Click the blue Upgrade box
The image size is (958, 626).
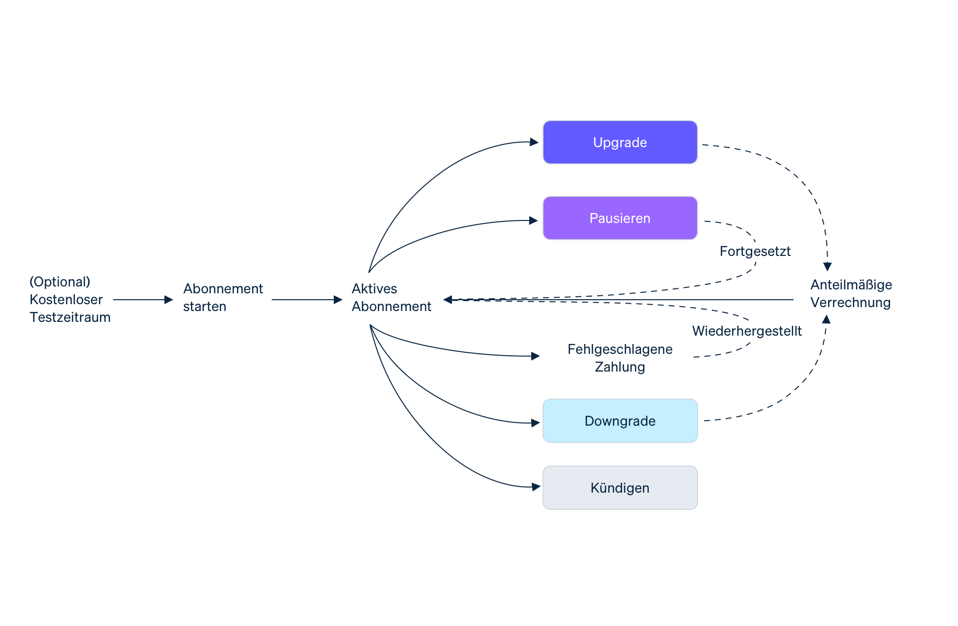(x=620, y=142)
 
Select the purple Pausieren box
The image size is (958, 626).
(x=620, y=218)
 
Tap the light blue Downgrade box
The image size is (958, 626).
(x=620, y=421)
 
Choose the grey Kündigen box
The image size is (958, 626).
(x=620, y=488)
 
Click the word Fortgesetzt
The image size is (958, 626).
(x=755, y=251)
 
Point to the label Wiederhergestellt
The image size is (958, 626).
(x=746, y=331)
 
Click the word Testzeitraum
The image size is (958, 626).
(x=70, y=317)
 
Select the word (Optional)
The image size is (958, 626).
(x=60, y=282)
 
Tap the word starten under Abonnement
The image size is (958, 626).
(x=204, y=307)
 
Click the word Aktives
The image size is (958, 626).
(x=374, y=288)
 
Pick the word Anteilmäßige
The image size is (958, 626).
(x=851, y=285)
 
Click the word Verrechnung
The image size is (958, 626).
(x=850, y=303)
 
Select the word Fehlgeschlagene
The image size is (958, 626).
(x=620, y=349)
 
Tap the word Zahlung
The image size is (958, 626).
(x=620, y=367)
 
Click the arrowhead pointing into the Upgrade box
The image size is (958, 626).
(x=534, y=142)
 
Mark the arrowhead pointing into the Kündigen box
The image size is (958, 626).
(x=536, y=487)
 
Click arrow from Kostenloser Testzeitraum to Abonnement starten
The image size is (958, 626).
(x=143, y=299)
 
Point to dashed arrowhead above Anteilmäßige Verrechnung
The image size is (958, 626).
(x=828, y=267)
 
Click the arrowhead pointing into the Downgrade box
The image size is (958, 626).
(x=536, y=423)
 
